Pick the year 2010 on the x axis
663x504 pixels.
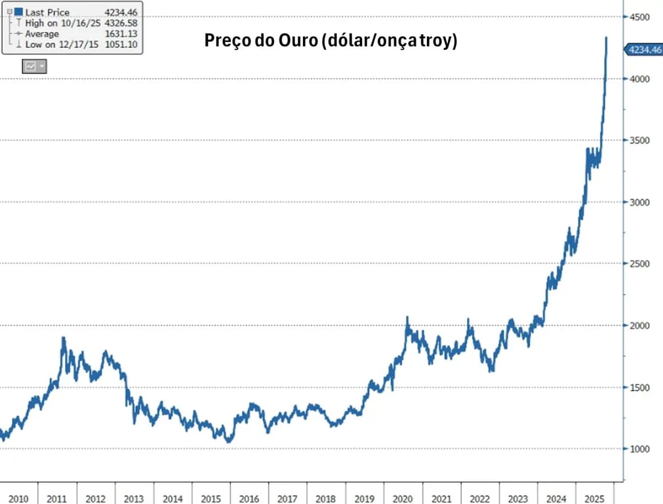[x=19, y=499]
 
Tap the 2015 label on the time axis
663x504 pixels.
[x=211, y=499]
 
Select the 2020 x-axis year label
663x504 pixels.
[x=403, y=499]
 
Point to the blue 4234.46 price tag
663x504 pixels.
[x=644, y=49]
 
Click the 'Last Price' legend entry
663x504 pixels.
[x=47, y=12]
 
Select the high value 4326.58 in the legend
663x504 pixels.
[x=121, y=23]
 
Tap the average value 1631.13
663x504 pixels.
[x=121, y=33]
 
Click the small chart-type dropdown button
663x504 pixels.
[x=34, y=66]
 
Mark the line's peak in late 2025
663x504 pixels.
[x=606, y=38]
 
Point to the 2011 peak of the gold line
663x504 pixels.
[x=64, y=338]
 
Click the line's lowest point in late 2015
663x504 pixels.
[x=228, y=442]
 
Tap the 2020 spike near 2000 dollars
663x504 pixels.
[x=407, y=318]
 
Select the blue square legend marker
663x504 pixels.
[x=18, y=12]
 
